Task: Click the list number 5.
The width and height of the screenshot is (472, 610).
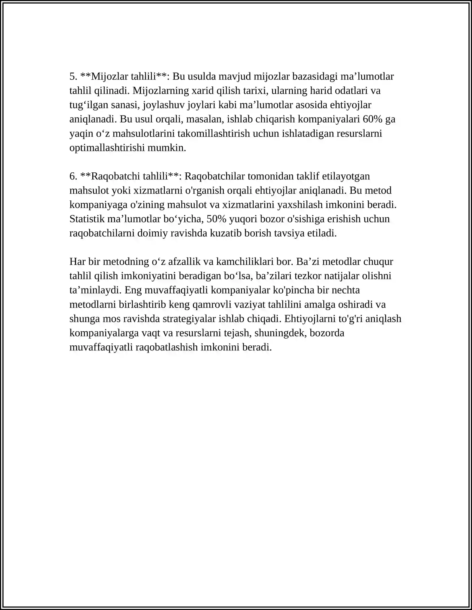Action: (x=73, y=77)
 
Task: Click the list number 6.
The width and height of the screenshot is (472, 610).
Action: (x=73, y=176)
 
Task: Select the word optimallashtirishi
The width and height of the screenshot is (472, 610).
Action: (x=107, y=148)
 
